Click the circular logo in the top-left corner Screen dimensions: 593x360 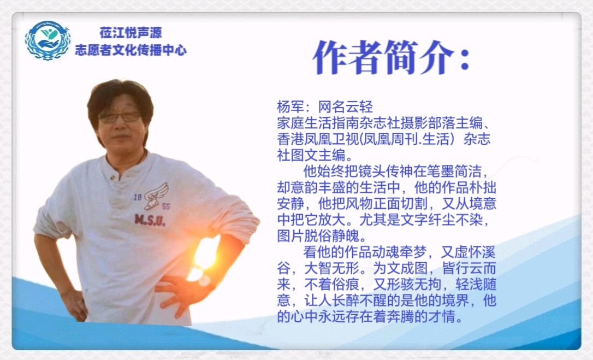(48, 40)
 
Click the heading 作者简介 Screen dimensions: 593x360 (384, 57)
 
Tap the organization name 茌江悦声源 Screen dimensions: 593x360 (131, 33)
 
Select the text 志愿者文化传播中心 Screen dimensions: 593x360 (131, 50)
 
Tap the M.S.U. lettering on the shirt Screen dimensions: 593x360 (150, 220)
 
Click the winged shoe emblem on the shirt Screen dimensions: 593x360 (156, 196)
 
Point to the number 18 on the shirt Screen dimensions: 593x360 (138, 197)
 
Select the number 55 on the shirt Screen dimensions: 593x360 (165, 206)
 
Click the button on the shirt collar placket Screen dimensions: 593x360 (112, 177)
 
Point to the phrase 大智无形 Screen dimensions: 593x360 (331, 268)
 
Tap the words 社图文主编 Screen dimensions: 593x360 (311, 156)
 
